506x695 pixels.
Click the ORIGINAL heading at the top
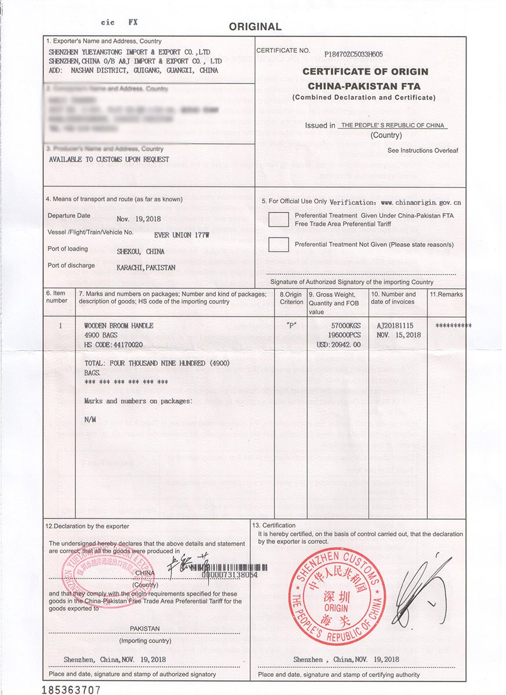point(255,27)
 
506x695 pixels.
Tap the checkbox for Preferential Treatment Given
point(278,220)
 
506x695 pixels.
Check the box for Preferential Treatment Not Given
point(278,244)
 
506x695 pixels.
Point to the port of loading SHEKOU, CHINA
point(140,252)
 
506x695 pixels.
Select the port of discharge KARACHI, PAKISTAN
point(146,268)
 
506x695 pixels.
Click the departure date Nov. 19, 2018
point(139,219)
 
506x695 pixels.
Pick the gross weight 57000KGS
point(345,326)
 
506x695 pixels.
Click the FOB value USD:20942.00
point(338,345)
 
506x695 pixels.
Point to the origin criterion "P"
point(292,325)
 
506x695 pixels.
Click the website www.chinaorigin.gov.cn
point(421,203)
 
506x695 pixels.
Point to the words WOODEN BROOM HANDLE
point(119,326)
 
